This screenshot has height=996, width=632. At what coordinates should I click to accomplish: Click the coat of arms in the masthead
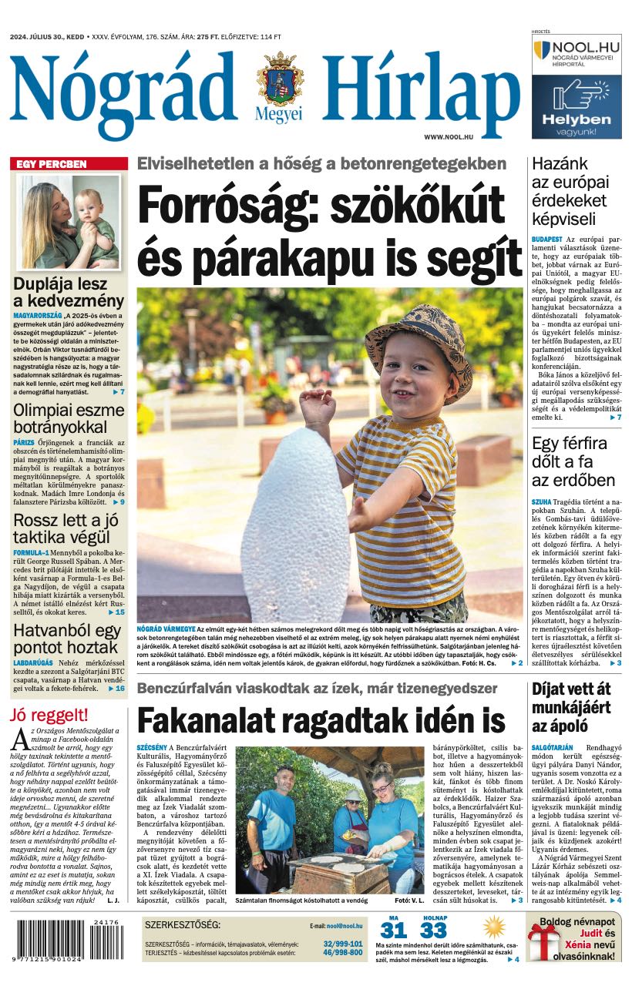(x=281, y=79)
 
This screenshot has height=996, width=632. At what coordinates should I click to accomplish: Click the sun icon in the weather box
(x=493, y=927)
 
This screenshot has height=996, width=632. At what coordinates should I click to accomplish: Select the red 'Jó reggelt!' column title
(x=48, y=714)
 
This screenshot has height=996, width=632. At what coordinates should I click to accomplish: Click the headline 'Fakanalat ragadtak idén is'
(x=321, y=721)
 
